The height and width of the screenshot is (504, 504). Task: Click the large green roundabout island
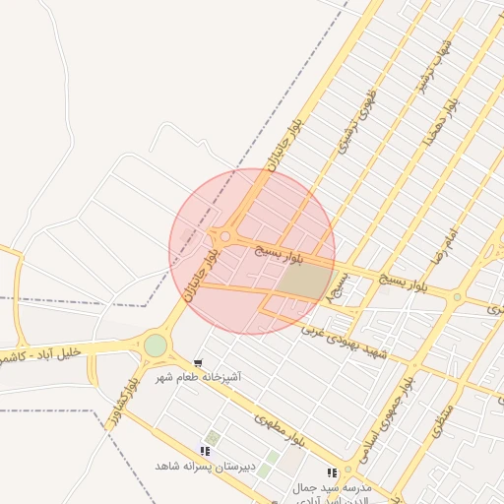coord(156,346)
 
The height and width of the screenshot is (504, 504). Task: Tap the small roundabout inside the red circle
coord(225,236)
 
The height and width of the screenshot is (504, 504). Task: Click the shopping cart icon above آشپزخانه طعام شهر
coord(199,363)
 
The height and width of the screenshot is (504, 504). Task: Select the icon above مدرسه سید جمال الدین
coord(332,473)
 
